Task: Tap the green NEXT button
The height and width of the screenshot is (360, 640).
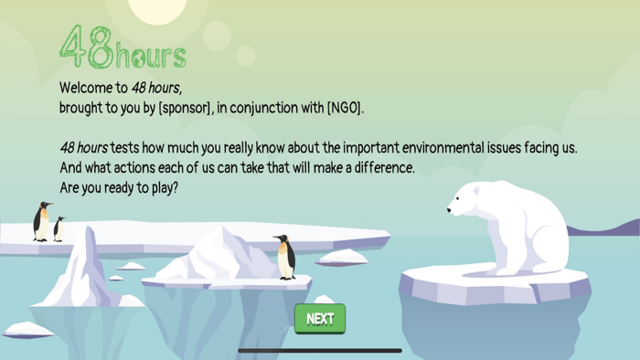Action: coord(320,319)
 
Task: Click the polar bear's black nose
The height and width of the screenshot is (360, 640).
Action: coord(449,211)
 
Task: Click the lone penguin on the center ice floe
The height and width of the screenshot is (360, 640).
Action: coord(285,257)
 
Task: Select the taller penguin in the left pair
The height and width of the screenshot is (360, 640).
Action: coord(42,222)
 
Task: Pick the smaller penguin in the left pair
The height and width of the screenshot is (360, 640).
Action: coord(59,228)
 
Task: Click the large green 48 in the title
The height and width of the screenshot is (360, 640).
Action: coord(87,47)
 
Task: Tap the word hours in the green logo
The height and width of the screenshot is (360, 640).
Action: coord(152,56)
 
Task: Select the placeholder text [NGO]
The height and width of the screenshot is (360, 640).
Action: coord(345,108)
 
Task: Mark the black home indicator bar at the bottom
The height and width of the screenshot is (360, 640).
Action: coord(320,350)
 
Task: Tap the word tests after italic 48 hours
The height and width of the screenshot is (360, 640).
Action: coord(126,148)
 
